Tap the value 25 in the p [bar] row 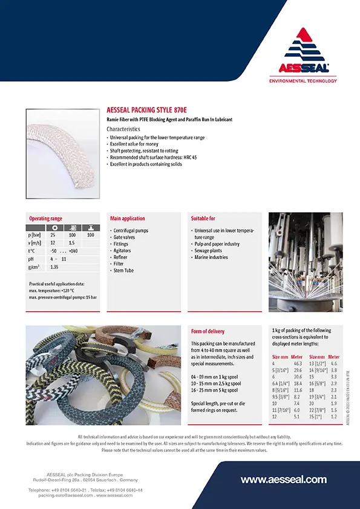pyautogui.click(x=53, y=234)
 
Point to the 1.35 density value pyautogui.click(x=54, y=267)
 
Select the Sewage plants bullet pyautogui.click(x=208, y=250)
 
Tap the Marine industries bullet pyautogui.click(x=211, y=258)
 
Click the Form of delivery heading pyautogui.click(x=208, y=331)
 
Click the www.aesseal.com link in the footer pyautogui.click(x=284, y=480)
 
